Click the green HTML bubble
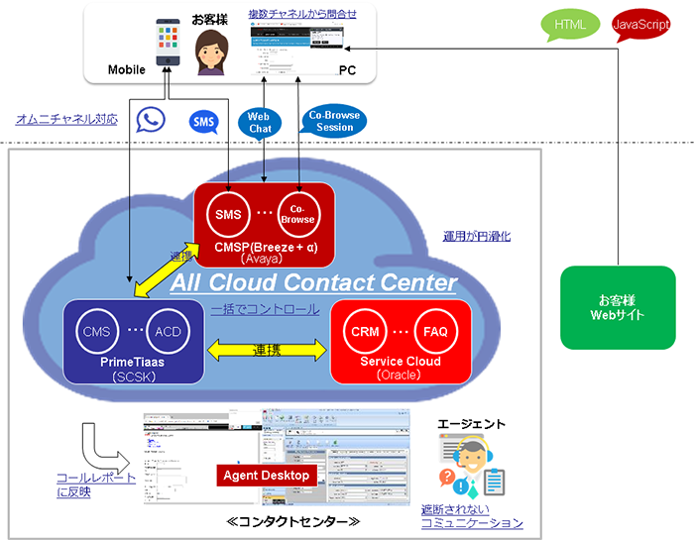[x=570, y=24]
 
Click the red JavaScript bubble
[x=639, y=25]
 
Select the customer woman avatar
[x=211, y=51]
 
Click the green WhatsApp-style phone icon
[x=151, y=121]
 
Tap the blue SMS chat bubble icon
[x=204, y=122]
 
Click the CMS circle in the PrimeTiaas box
[x=97, y=330]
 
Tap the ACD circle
[x=167, y=330]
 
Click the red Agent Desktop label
[x=266, y=476]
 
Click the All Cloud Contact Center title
[x=313, y=283]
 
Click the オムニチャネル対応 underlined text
[x=66, y=119]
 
